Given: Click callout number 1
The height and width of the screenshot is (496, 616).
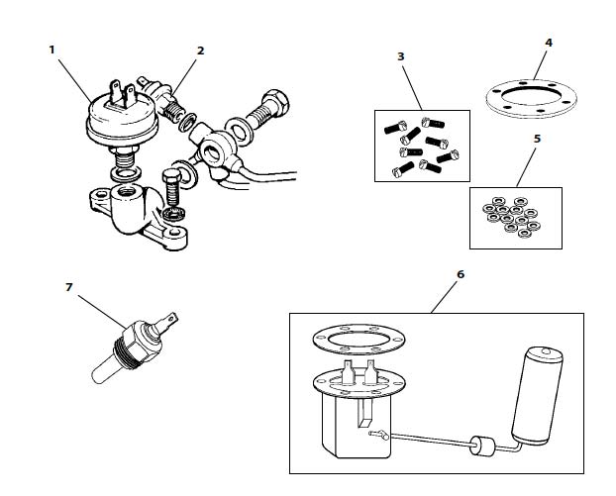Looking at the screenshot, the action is (x=51, y=50).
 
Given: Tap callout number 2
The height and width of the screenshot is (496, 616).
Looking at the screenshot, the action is (x=201, y=50).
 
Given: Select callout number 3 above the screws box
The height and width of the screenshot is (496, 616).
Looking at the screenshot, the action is (x=401, y=56).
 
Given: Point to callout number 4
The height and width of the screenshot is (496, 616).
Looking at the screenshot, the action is (x=549, y=43).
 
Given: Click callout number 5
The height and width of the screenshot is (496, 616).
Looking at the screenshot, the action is (x=537, y=139).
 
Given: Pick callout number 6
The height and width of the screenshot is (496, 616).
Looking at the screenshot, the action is (x=461, y=274).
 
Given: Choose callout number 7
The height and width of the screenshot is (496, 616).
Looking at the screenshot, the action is (x=69, y=287).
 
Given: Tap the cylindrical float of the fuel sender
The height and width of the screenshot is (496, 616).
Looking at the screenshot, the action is (x=537, y=396).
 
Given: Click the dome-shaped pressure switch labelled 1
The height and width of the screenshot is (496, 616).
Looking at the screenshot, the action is (x=122, y=118).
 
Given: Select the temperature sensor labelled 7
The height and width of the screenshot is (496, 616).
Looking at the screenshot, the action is (x=134, y=347).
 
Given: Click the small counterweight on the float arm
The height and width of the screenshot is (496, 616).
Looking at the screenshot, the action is (x=482, y=446).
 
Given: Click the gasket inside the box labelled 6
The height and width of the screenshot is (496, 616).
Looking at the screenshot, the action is (x=359, y=340).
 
